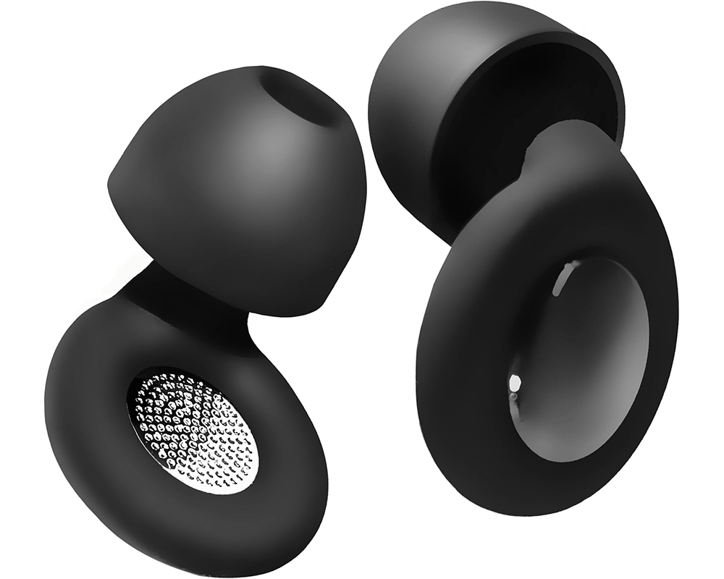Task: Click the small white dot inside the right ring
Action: [515, 381]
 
